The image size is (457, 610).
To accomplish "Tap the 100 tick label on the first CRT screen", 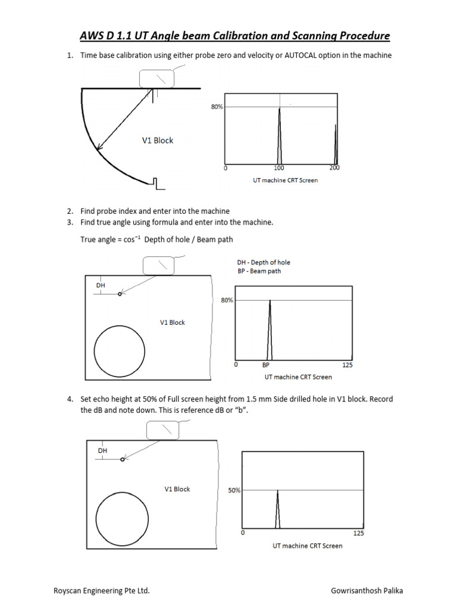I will tap(278, 169).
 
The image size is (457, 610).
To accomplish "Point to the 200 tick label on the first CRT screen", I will tap(334, 169).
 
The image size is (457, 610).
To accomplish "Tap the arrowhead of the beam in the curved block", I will tap(99, 147).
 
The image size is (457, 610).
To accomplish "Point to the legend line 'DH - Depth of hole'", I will tap(264, 263).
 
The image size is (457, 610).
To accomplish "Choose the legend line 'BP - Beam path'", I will tap(259, 271).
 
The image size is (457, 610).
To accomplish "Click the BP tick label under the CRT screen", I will tap(266, 365).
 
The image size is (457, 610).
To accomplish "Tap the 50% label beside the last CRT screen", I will tap(234, 490).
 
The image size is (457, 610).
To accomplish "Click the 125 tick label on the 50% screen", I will tap(358, 533).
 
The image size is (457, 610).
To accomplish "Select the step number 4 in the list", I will tap(70, 399).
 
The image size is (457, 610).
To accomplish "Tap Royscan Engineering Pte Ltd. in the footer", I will tap(102, 591).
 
